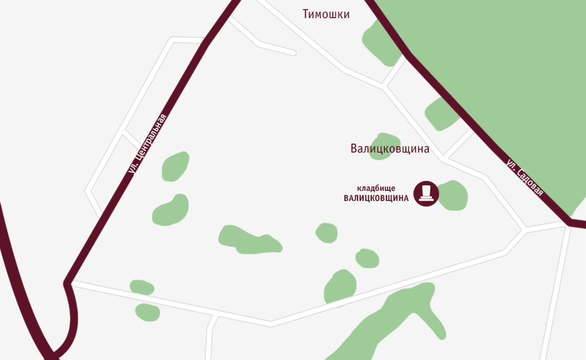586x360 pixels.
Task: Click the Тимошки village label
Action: pos(326,14)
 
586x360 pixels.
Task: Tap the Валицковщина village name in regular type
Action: pos(390,149)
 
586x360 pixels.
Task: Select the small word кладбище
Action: pos(376,188)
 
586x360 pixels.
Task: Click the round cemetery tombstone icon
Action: pos(426,193)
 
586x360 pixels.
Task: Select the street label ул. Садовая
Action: pos(525,178)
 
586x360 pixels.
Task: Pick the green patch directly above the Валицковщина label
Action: pos(385,141)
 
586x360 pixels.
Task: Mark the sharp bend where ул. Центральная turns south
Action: pos(67,283)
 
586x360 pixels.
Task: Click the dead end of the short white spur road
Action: pos(294,53)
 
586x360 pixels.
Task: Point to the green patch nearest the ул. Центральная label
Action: pos(175,166)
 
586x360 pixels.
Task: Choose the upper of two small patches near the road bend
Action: pos(142,287)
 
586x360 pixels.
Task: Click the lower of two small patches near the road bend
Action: pos(148,312)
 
